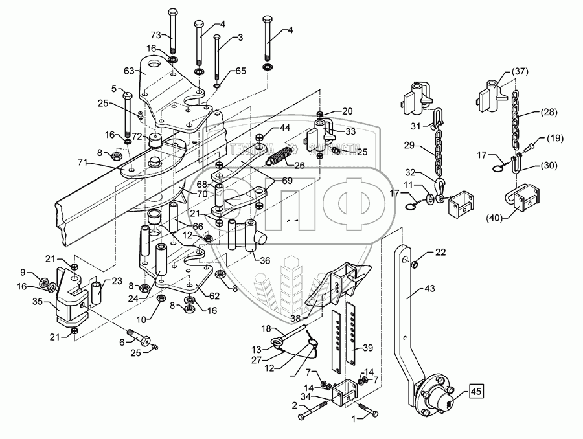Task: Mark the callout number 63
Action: click(x=129, y=71)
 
